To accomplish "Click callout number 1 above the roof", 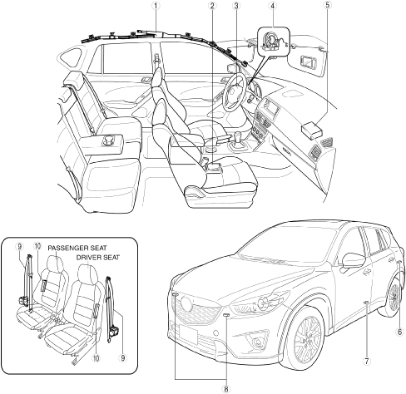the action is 156,5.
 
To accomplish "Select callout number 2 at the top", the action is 212,5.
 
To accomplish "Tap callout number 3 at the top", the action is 236,5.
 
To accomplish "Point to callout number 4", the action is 273,5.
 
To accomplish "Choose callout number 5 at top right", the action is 328,5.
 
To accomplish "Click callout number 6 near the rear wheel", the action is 399,332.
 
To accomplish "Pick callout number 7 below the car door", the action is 366,361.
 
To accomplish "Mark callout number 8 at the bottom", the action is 226,389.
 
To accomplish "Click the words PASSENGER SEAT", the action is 77,248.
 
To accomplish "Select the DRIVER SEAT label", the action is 98,258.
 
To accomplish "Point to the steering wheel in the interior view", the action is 235,92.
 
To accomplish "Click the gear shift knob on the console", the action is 238,136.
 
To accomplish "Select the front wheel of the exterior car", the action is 304,338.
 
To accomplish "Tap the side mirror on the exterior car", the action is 353,260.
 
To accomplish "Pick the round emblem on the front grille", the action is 186,303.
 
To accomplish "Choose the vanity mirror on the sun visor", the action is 307,61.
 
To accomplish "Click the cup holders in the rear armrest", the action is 109,139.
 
